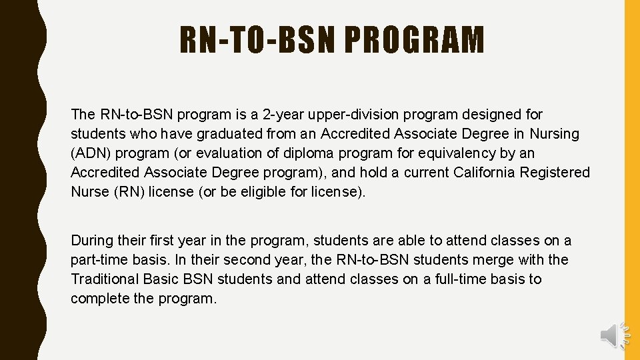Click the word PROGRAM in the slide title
click(x=415, y=39)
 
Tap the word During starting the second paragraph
click(x=92, y=240)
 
